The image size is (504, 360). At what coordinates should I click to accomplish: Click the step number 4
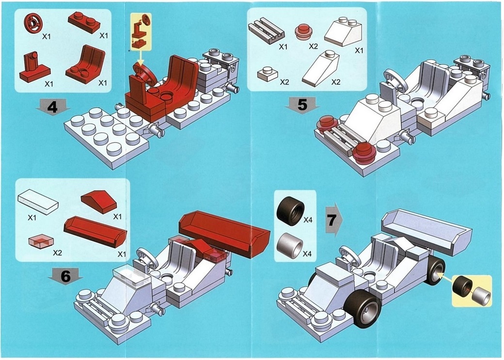(52, 107)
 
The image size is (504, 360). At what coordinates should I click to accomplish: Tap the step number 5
(302, 105)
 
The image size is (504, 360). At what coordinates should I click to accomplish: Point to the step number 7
(331, 220)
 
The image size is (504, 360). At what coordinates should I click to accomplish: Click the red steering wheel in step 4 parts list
(33, 23)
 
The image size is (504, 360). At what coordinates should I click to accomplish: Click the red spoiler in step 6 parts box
(95, 231)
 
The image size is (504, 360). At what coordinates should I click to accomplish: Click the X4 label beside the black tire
(308, 220)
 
